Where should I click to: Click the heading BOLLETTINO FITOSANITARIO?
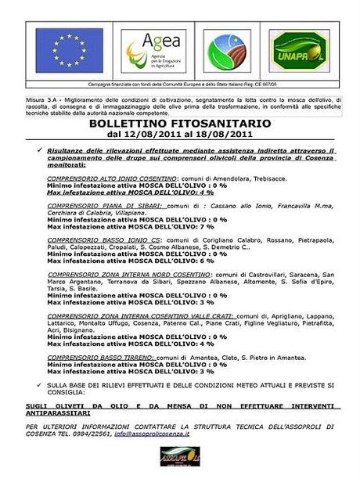tap(180, 124)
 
